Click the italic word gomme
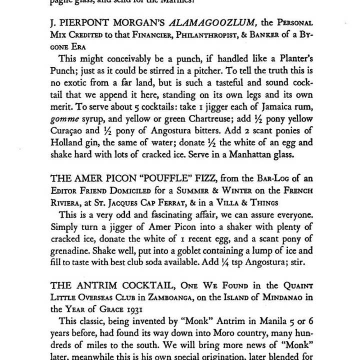click(64, 118)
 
